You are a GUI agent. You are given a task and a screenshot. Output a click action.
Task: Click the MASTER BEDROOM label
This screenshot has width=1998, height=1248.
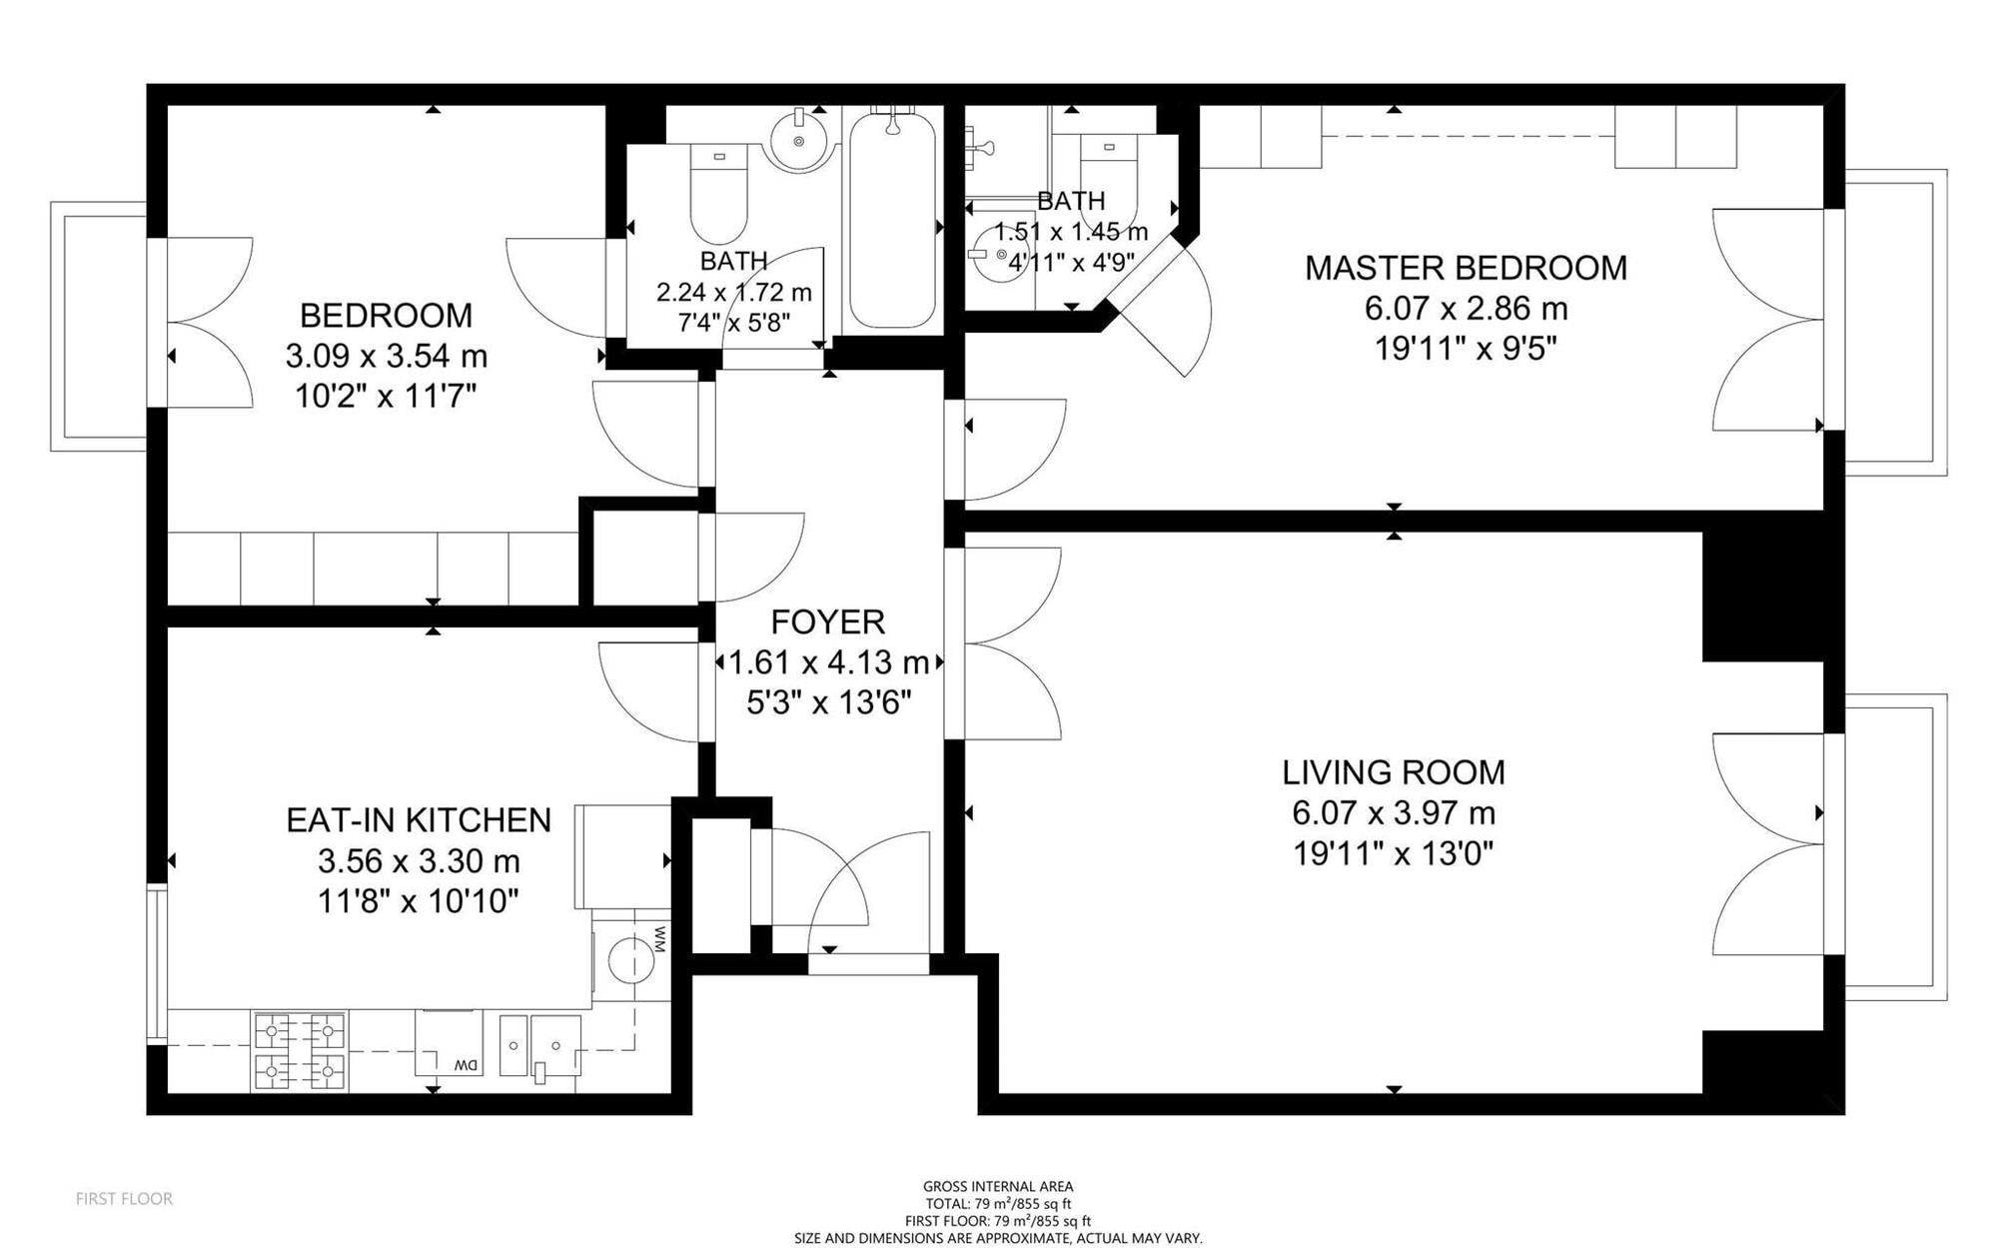tap(1466, 268)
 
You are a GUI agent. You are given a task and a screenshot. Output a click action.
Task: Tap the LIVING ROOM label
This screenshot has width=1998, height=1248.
tap(1394, 772)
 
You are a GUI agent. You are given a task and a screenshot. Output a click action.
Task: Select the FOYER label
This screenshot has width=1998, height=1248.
tap(828, 623)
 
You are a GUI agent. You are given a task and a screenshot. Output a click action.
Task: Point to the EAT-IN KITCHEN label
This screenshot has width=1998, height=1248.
tap(419, 820)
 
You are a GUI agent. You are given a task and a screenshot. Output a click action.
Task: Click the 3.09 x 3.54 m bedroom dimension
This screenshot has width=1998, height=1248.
tap(387, 356)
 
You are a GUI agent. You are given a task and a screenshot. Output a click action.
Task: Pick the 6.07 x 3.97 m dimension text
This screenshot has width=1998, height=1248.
tap(1394, 813)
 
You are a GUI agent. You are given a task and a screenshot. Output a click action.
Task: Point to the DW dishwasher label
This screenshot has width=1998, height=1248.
tap(467, 1066)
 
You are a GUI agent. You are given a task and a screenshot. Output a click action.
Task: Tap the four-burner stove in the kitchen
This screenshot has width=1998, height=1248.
tap(300, 1051)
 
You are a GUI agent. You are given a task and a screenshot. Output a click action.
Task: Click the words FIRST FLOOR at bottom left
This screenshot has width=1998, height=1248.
tap(124, 1199)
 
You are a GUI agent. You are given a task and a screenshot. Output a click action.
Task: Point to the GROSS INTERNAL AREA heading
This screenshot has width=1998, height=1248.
tap(998, 1187)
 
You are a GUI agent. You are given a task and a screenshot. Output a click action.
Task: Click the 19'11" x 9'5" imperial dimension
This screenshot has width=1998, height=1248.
tap(1466, 350)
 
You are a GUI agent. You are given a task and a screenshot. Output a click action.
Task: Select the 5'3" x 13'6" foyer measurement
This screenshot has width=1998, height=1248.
tap(828, 703)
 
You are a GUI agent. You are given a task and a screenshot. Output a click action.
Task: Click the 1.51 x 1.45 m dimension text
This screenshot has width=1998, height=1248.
tap(1071, 232)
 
